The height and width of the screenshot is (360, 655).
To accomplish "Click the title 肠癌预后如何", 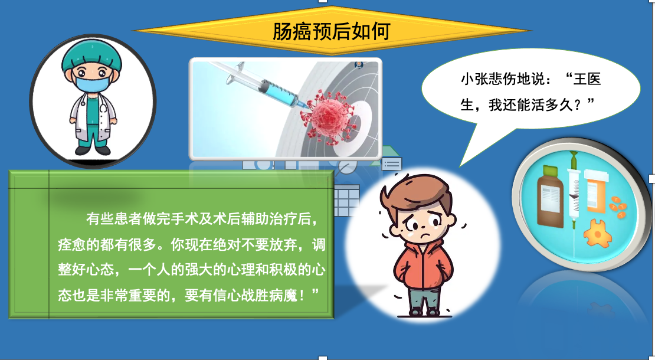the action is pos(331,31).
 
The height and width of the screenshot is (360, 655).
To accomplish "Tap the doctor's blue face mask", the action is pos(93,80).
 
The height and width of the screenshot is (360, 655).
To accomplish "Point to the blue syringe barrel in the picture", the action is pos(278,91).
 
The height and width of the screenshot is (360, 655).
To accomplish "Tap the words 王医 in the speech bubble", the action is pos(587,79).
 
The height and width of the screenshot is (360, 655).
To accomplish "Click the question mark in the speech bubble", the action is pos(578,105).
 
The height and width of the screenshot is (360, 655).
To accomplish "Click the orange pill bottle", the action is pos(596,190).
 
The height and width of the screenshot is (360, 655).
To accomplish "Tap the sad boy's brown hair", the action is pos(417,195).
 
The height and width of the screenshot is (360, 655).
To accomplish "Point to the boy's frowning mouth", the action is pos(425,237).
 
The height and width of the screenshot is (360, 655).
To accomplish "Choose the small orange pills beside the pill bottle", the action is pos(618,206).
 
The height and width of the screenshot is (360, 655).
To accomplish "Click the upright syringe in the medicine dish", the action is pos(574,192).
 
